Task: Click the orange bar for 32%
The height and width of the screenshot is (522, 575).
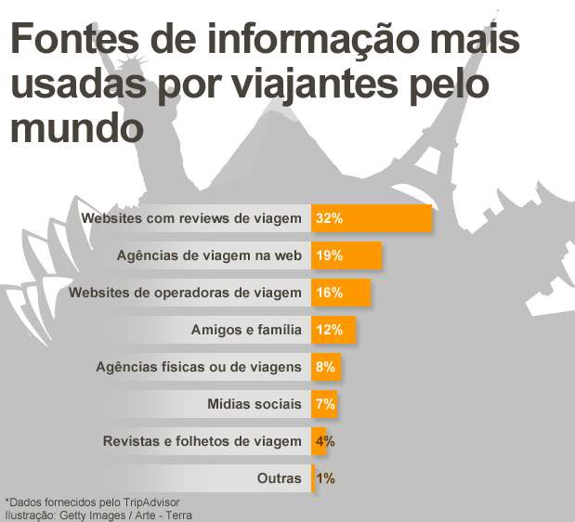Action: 372,218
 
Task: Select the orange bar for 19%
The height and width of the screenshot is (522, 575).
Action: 346,255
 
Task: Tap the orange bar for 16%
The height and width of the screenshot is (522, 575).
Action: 341,293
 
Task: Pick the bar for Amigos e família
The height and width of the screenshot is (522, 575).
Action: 333,330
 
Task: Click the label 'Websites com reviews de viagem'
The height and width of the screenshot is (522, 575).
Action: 191,218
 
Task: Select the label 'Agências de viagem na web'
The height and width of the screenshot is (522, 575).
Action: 209,255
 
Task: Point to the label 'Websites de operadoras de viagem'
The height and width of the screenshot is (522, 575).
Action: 186,293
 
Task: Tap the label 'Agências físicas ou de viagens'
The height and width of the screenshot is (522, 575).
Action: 199,367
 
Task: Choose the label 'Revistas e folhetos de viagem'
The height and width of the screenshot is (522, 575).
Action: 202,441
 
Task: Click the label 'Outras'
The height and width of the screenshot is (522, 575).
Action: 279,478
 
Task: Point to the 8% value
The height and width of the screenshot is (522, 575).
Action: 325,367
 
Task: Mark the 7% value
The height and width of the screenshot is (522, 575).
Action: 325,404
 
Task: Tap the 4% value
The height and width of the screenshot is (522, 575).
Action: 325,441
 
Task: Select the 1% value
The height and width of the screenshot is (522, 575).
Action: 325,478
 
